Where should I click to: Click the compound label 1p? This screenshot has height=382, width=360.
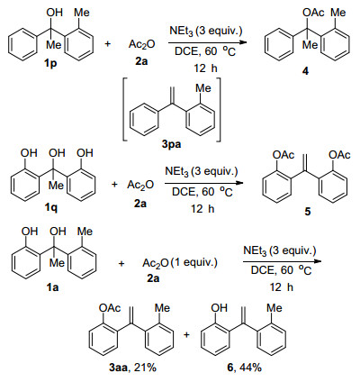[x=50, y=64]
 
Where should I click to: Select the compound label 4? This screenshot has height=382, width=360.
[x=305, y=71]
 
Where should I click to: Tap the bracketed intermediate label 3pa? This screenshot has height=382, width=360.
[x=171, y=145]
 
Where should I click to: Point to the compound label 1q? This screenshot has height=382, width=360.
[x=50, y=207]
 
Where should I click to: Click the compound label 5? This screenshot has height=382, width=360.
[x=308, y=212]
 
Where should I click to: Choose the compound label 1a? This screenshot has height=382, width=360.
[x=51, y=287]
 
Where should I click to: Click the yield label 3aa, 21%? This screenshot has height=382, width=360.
[x=133, y=368]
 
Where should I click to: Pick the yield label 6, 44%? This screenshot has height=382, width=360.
[x=244, y=368]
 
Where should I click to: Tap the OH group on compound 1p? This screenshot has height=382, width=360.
[x=54, y=13]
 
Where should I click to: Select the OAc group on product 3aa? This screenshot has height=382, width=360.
[x=110, y=308]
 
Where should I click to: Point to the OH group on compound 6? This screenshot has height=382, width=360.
[x=219, y=308]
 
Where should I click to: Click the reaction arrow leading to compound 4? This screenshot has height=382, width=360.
[x=207, y=42]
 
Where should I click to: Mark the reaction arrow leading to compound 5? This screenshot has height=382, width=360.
[x=203, y=183]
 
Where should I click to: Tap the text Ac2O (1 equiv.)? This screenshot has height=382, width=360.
[x=180, y=263]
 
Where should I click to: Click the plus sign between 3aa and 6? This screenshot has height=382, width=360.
[x=187, y=334]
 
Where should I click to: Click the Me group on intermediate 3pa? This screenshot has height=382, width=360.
[x=203, y=88]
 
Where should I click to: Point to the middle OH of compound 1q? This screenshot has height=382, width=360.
[x=57, y=153]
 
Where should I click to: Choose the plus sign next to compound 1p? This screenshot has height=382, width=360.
[x=107, y=44]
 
